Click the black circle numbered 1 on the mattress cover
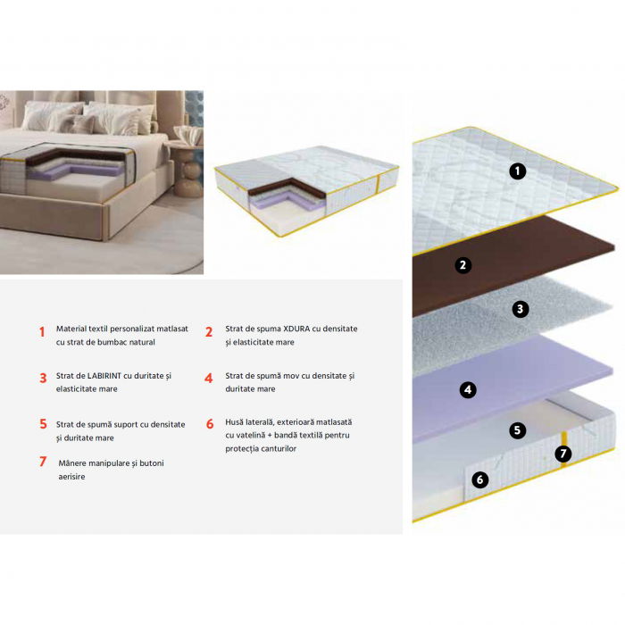(x=518, y=171)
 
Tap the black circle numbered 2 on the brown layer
(x=462, y=264)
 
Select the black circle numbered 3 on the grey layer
(x=521, y=309)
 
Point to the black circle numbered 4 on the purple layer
(x=468, y=389)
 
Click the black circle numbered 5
(x=517, y=430)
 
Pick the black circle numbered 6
(x=479, y=480)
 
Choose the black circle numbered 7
(x=562, y=453)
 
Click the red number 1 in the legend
(x=42, y=332)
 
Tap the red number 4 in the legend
(x=208, y=378)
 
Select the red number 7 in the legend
(x=42, y=462)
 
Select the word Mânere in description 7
(x=77, y=463)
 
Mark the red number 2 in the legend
(x=208, y=332)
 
